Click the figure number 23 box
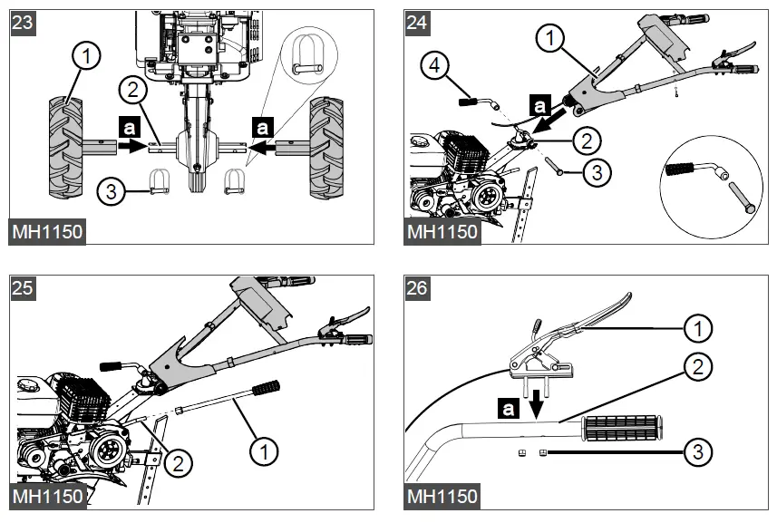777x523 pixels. tap(23, 23)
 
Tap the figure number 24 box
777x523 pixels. tap(417, 23)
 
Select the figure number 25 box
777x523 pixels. tap(23, 288)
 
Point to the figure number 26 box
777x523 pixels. tap(417, 288)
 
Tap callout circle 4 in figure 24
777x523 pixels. tap(435, 64)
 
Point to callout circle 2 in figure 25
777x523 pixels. tap(179, 463)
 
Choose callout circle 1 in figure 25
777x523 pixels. tap(264, 448)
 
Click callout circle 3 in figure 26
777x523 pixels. tap(697, 451)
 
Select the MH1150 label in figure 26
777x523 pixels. tap(442, 496)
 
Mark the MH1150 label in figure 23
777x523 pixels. tap(47, 231)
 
